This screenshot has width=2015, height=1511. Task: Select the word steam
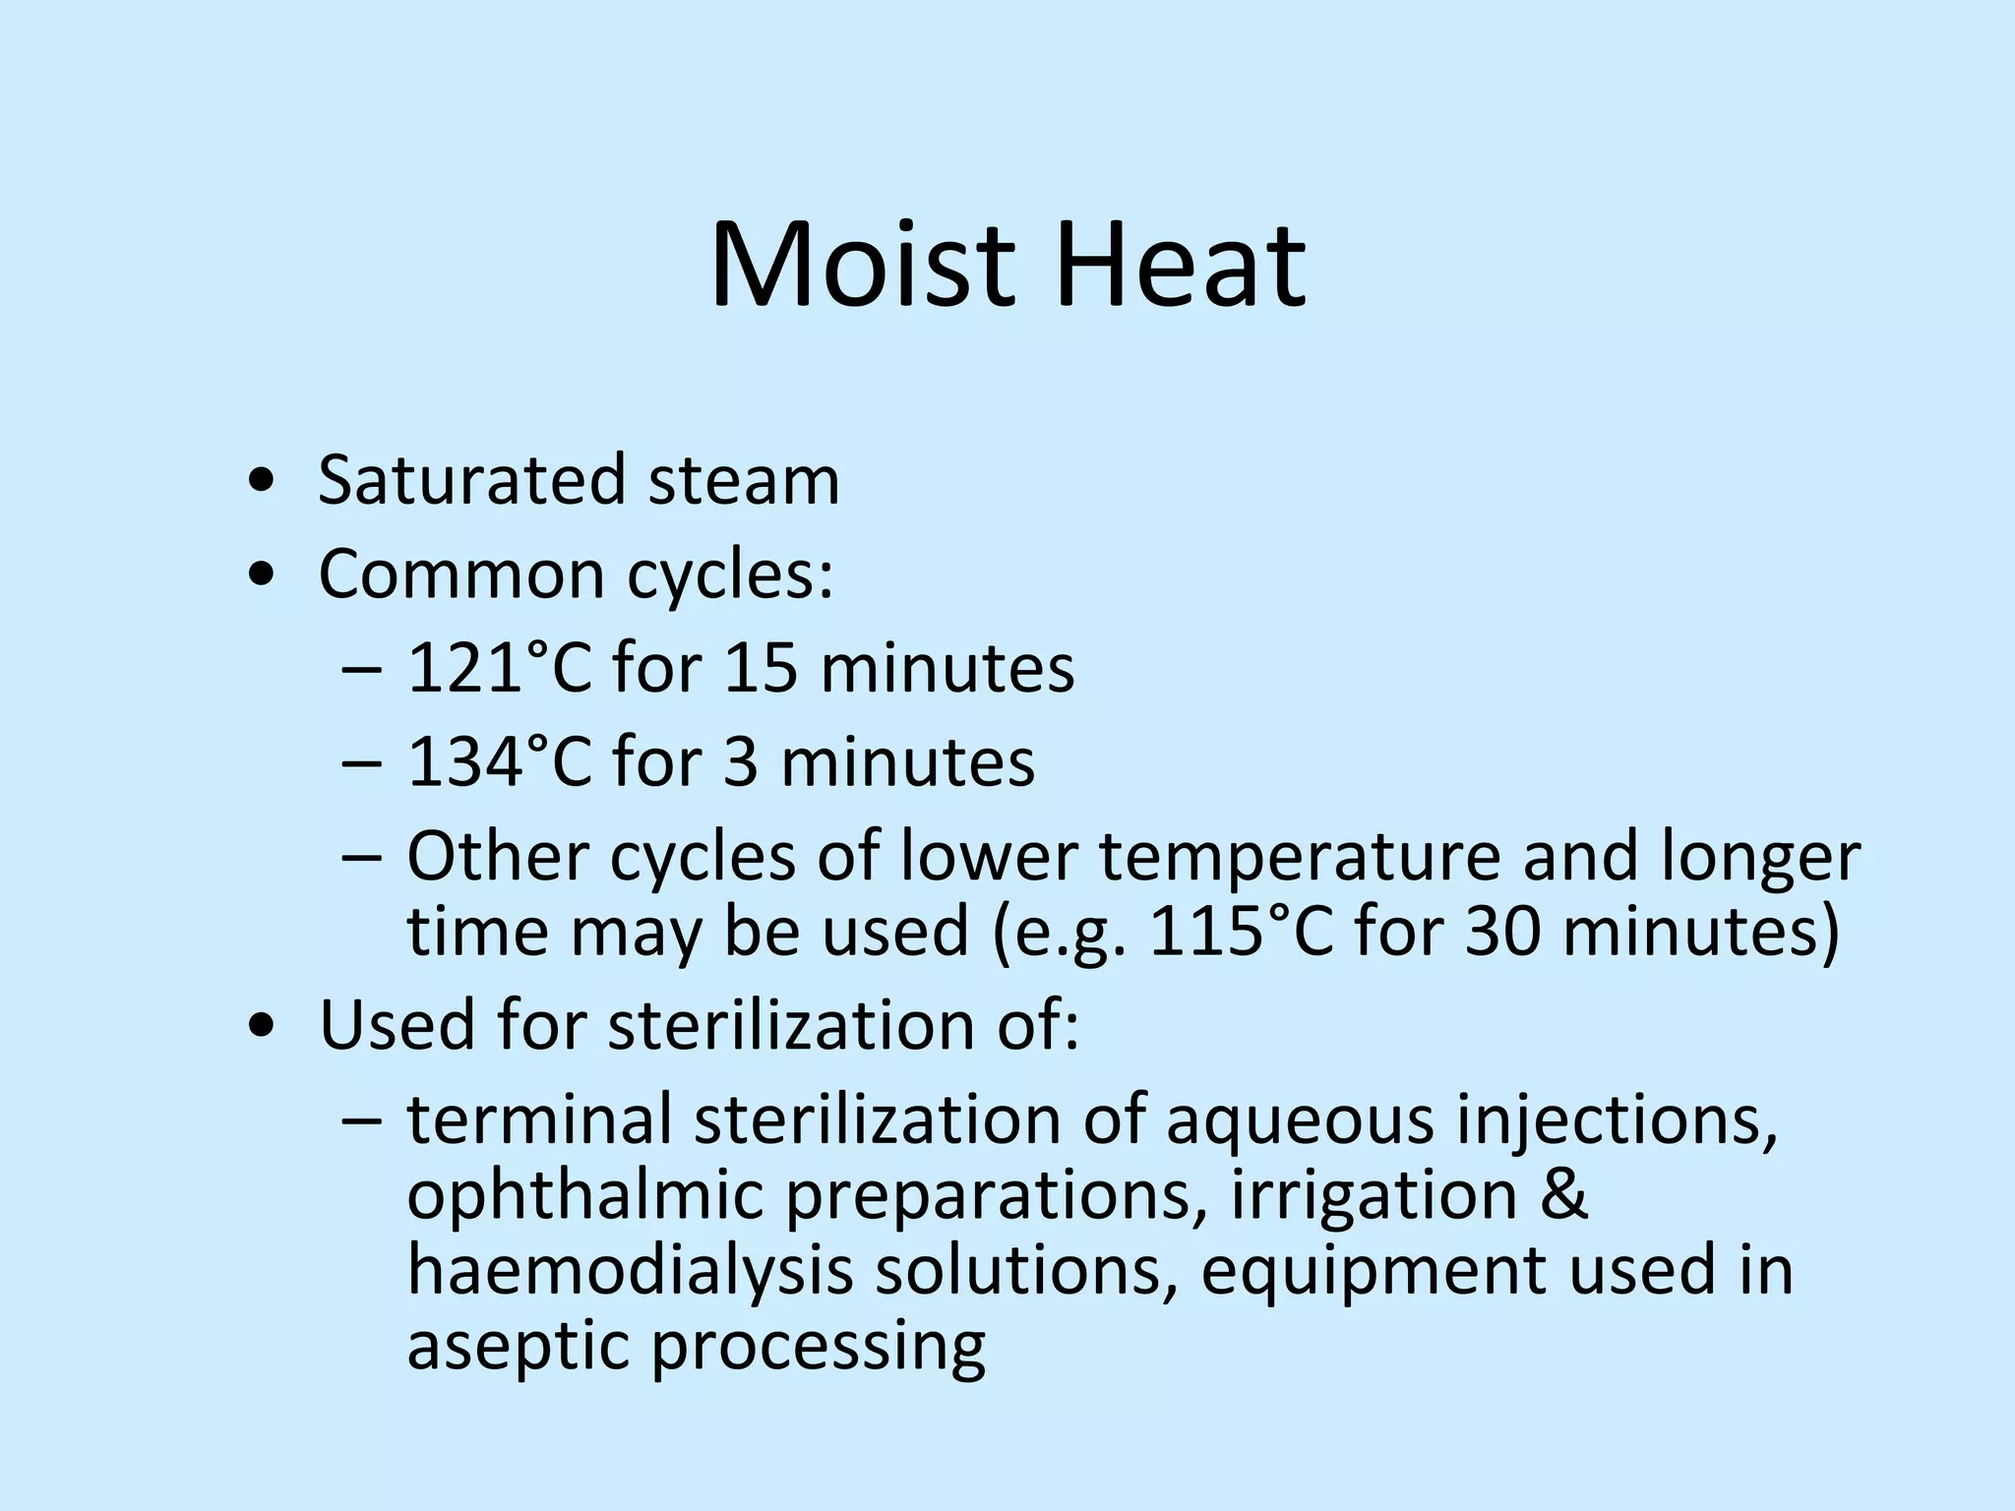[x=745, y=480]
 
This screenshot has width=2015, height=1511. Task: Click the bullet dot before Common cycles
[x=262, y=575]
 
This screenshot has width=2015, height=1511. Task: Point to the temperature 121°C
[x=499, y=668]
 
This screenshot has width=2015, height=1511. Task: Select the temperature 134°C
[x=499, y=761]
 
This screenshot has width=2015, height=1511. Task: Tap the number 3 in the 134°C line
[x=740, y=761]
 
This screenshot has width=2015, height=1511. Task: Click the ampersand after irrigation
[x=1559, y=1194]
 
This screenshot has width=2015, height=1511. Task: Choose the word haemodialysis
[x=630, y=1270]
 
